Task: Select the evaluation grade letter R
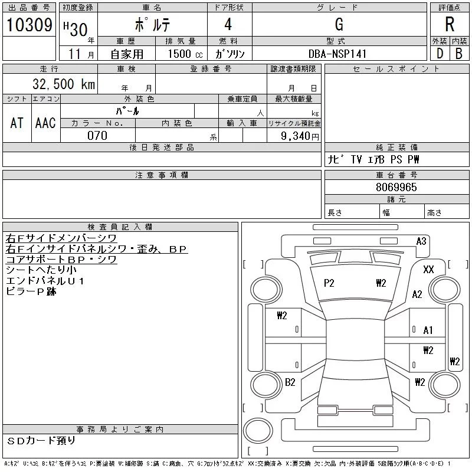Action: pos(449,25)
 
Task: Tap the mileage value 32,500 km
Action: pos(58,84)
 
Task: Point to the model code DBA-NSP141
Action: pos(337,53)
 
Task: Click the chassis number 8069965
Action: pos(396,187)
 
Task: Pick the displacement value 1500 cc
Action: pos(180,53)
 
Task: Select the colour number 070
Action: pos(97,135)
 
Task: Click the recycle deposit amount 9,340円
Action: pos(301,136)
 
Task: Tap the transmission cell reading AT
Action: pos(17,123)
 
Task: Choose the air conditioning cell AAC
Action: pos(45,123)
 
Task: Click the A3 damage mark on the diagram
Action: pos(421,241)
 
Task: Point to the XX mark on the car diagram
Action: pos(428,270)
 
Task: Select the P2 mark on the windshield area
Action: pos(329,283)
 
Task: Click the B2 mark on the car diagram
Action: pos(290,382)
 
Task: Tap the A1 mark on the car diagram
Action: pos(428,331)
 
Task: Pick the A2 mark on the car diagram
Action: pos(417,294)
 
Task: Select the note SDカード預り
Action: pos(42,440)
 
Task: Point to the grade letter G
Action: pos(339,24)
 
